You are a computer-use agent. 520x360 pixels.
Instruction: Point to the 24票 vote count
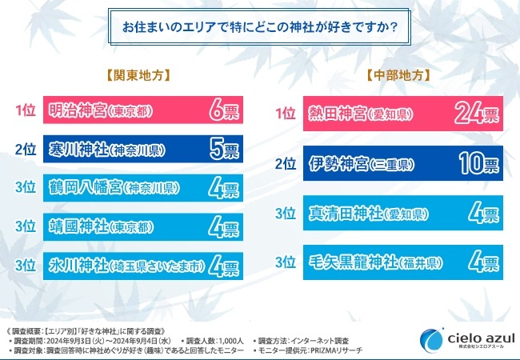pos(477,115)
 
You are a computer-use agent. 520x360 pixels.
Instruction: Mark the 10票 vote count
pos(479,164)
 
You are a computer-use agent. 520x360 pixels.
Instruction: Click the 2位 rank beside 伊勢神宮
pos(286,164)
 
